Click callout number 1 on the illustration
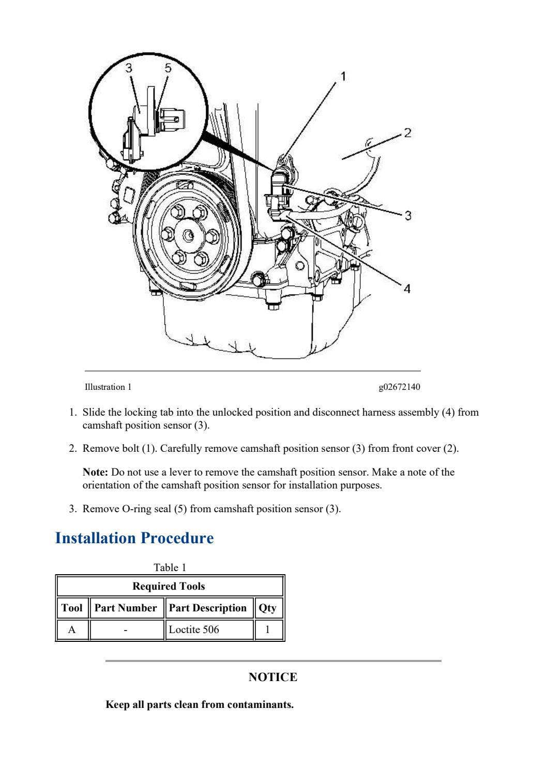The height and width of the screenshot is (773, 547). click(342, 76)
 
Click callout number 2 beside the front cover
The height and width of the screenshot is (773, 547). click(407, 133)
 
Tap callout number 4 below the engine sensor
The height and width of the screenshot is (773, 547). click(407, 289)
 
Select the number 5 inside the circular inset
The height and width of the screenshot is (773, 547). click(168, 68)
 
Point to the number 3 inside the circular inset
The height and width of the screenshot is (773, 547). click(129, 68)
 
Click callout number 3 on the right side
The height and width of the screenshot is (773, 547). click(408, 215)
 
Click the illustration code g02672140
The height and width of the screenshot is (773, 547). click(399, 387)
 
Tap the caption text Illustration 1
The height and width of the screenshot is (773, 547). click(108, 387)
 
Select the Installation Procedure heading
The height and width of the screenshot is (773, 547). click(134, 538)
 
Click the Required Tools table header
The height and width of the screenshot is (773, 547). click(169, 586)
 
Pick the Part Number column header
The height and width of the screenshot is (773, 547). click(126, 608)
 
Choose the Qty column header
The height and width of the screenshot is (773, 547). click(267, 608)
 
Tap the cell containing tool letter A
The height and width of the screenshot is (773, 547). click(72, 629)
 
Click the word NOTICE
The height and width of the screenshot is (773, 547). click(273, 677)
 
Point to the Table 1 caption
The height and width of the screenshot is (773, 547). click(170, 567)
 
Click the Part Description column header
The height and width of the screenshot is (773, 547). click(208, 608)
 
